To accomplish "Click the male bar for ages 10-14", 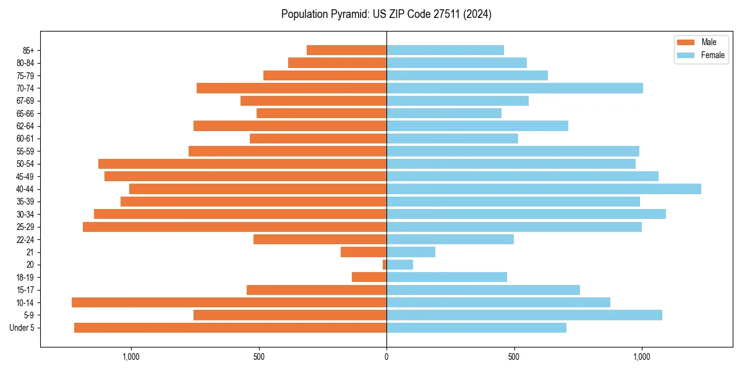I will [229, 302].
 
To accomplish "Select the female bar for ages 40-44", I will [544, 189].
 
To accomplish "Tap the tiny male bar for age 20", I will [385, 265].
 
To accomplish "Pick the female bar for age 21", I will [411, 252].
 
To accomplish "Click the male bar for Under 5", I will [230, 328].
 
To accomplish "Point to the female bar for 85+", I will [445, 50].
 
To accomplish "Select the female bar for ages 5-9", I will [524, 315].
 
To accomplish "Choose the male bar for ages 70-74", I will [291, 88].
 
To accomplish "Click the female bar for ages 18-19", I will [446, 277].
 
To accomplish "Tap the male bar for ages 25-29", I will [234, 227].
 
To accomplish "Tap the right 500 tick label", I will [514, 357].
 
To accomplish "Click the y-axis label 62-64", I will [25, 126].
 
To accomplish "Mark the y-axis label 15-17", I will [25, 290].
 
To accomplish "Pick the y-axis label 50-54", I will [25, 164].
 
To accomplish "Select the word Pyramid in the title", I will [348, 14].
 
